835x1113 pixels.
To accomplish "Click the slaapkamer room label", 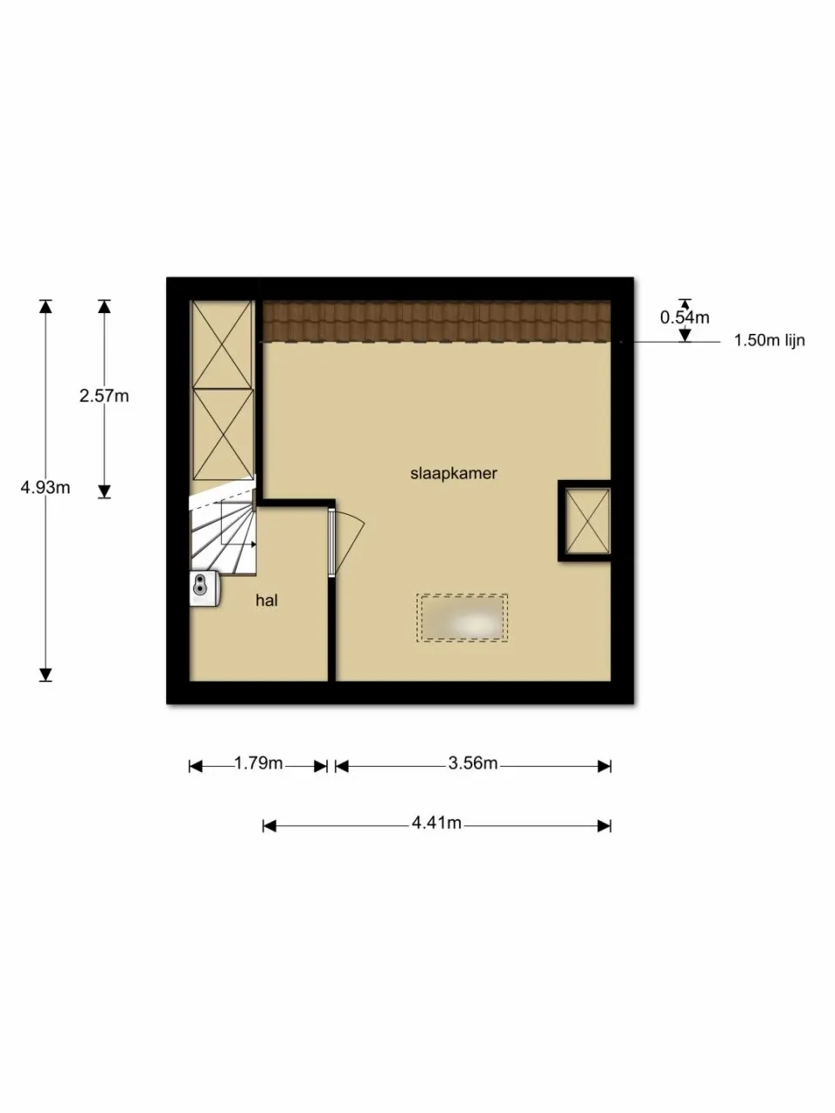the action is pyautogui.click(x=453, y=474).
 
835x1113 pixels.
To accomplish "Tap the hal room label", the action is pyautogui.click(x=267, y=601).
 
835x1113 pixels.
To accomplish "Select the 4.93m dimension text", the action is pyautogui.click(x=45, y=487).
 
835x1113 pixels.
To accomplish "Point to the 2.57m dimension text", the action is pyautogui.click(x=104, y=396).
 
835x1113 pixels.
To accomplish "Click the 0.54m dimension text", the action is pyautogui.click(x=685, y=318).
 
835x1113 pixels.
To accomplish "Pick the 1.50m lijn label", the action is pyautogui.click(x=769, y=340).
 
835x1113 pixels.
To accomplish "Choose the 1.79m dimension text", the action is pyautogui.click(x=258, y=763).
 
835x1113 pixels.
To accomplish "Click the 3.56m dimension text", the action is pyautogui.click(x=473, y=763).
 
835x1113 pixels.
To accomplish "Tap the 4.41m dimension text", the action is pyautogui.click(x=437, y=823).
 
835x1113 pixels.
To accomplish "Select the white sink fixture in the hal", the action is pyautogui.click(x=204, y=588).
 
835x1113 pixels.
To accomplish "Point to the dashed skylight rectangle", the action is pyautogui.click(x=462, y=618).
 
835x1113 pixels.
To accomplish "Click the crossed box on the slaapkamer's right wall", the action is pyautogui.click(x=587, y=521).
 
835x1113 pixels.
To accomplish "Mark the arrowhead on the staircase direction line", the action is pyautogui.click(x=253, y=544).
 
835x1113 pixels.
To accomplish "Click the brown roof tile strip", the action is pyautogui.click(x=437, y=322).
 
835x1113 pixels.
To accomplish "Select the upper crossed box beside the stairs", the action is pyautogui.click(x=221, y=345).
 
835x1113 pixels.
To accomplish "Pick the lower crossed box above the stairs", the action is pyautogui.click(x=223, y=435).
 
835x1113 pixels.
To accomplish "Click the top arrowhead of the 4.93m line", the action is pyautogui.click(x=45, y=307).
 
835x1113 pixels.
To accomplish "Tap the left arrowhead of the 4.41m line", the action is pyautogui.click(x=270, y=826).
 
